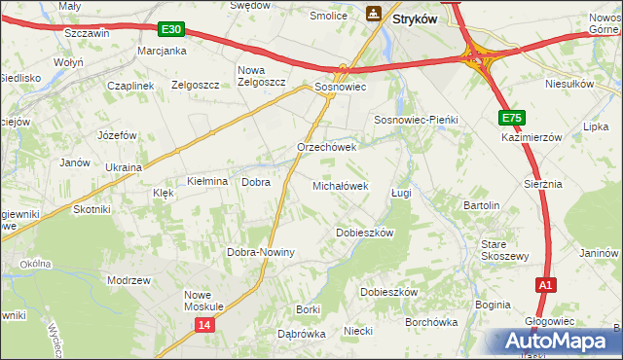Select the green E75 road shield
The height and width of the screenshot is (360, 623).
[x=512, y=118]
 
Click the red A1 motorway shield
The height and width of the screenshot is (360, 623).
[x=546, y=285]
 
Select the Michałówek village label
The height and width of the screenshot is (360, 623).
[x=340, y=185]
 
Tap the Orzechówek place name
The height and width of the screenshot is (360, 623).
[x=327, y=148]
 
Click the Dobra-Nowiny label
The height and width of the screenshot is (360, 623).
[x=261, y=252]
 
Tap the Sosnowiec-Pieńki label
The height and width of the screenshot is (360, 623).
[x=416, y=119]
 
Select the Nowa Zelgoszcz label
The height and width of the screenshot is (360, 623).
[x=262, y=76]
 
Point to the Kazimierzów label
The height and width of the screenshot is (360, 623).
[x=533, y=138]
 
